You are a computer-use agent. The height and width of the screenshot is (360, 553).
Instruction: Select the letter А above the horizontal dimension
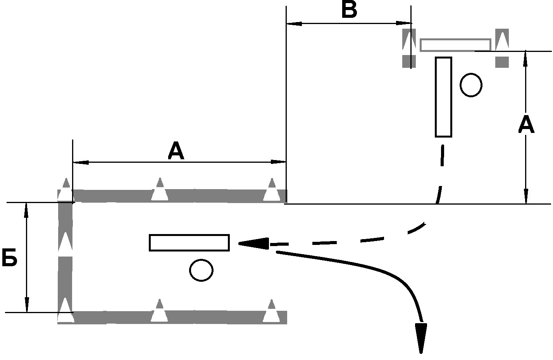point(176,151)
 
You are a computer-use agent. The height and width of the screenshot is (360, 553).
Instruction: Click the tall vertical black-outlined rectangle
point(443,97)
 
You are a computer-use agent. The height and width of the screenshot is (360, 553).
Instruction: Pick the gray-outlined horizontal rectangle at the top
point(455,45)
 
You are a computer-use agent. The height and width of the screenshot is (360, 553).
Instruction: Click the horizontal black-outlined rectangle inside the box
point(189,243)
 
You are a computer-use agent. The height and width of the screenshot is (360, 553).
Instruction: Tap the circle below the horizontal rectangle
point(201,270)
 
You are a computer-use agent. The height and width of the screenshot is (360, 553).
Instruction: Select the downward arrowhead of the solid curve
point(420,337)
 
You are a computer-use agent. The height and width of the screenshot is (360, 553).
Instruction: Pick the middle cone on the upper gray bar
point(160,189)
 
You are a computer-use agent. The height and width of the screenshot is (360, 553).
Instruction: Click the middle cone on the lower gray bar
point(159,311)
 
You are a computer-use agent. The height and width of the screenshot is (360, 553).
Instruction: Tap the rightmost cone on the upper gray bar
point(272,189)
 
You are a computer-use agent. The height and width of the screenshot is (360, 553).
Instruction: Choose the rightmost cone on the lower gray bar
point(271,311)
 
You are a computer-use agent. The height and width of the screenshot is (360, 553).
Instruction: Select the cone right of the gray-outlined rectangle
point(502,40)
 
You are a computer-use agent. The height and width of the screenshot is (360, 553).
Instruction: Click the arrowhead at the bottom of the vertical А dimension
point(526,196)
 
